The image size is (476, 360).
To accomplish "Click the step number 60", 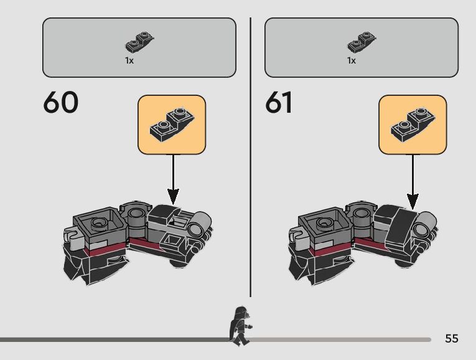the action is tap(61, 103).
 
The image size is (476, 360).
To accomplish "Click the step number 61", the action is tap(279, 103).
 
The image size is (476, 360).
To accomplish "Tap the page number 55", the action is tap(452, 339).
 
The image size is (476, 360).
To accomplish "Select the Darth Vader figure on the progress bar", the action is tap(240, 325).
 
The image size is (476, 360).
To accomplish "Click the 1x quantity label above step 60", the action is tap(129, 61).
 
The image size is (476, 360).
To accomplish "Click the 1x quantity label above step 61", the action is tap(352, 61).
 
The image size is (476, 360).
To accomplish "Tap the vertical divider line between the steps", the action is tap(251, 156).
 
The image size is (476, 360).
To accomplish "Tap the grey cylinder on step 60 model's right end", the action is tap(200, 223).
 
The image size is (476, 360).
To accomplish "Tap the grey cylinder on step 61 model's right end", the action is tap(427, 224).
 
